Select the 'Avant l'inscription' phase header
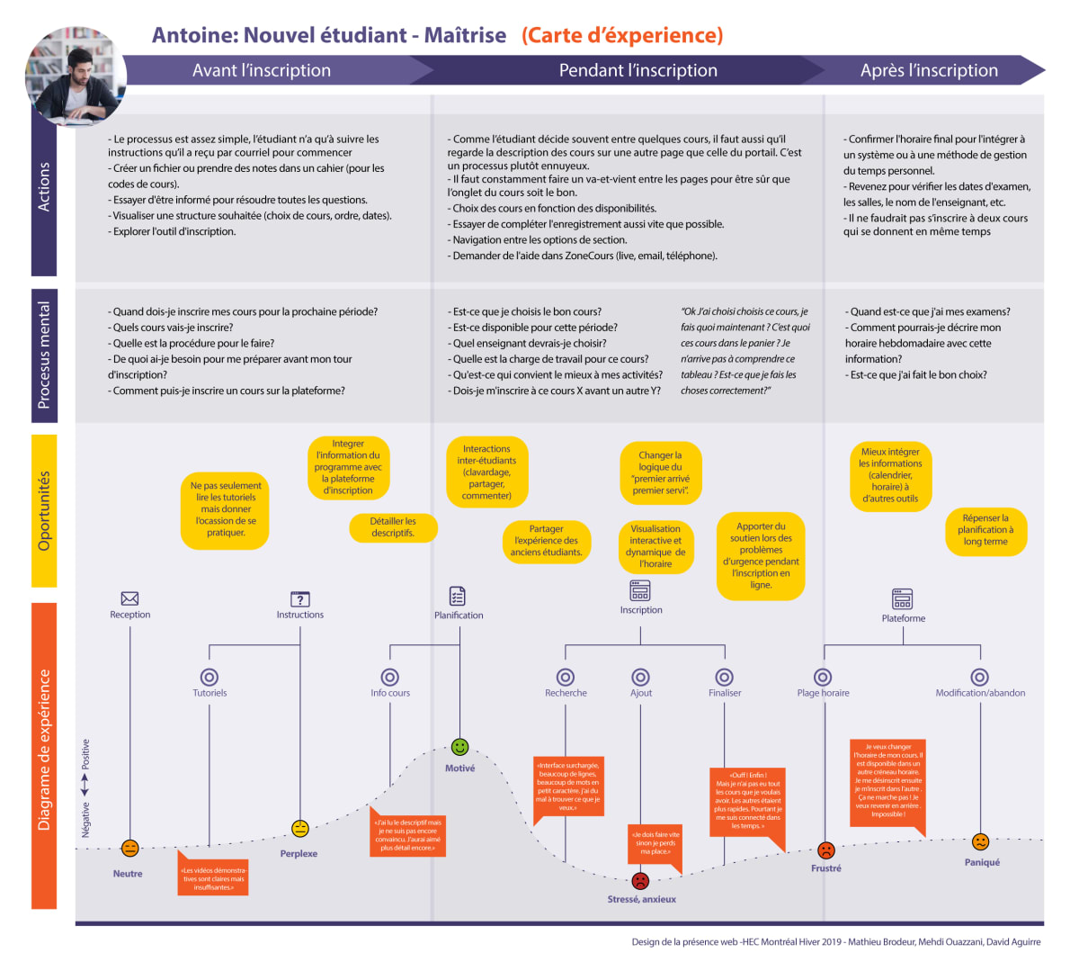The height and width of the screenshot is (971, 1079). coord(262,70)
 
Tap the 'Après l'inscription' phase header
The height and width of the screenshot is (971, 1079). coord(929,70)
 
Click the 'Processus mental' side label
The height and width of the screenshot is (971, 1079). coord(44,355)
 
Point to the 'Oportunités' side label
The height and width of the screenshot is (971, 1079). coord(44,510)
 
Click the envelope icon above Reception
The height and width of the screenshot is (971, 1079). coord(129,598)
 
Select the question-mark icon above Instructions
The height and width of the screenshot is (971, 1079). coord(300,598)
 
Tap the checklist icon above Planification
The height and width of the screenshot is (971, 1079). coord(458,596)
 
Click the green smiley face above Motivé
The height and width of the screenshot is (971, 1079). coord(459,747)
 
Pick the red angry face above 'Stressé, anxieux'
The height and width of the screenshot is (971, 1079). coord(640,880)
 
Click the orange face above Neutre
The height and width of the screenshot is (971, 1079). coord(129,848)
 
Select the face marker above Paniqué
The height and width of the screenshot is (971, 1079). coord(980,841)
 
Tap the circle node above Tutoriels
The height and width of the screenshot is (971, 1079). coord(210,677)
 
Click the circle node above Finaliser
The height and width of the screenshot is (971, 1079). coord(724,677)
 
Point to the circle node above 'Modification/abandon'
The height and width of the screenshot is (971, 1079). coord(980,677)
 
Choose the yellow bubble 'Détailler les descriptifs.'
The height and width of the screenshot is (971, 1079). coord(393,527)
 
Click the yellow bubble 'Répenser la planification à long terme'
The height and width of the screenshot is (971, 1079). coord(985,530)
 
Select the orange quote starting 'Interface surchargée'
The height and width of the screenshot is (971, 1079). coord(568,787)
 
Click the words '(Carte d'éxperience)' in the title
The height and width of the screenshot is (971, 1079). coord(622,35)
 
